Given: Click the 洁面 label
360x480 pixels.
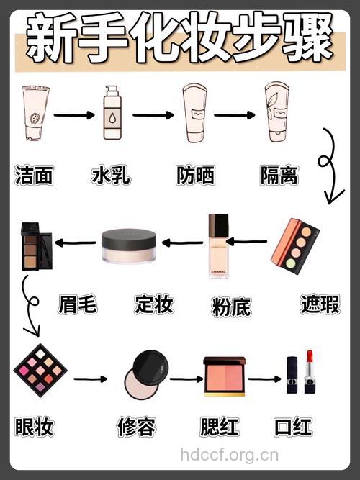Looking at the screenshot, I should point(35,174).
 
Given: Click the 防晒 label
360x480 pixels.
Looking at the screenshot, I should point(195,174).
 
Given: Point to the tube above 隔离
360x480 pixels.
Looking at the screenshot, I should point(277,112).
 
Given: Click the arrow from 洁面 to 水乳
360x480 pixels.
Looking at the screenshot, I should point(74,114).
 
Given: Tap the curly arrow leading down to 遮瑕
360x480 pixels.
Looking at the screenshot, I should point(330,166).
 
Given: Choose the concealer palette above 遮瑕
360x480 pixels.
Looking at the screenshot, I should point(295,243).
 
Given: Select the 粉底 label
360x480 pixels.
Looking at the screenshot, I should point(232,306).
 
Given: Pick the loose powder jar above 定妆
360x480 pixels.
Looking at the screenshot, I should point(129,246).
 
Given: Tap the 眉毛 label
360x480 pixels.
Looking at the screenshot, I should point(77,304).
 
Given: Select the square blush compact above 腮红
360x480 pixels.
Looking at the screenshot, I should point(225,376).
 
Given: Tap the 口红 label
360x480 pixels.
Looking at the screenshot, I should point(293,427).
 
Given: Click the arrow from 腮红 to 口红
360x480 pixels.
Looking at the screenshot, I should point(264,378).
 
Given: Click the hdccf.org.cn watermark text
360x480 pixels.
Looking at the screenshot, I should point(230,454).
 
